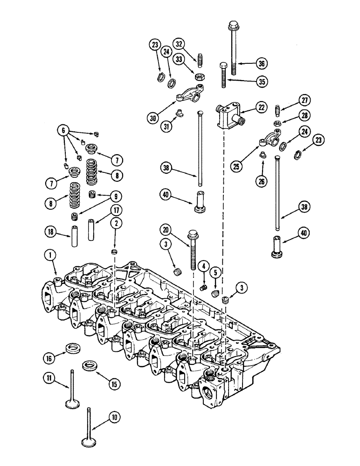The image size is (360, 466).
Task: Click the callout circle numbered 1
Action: tap(50, 255)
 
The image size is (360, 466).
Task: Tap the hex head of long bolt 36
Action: tap(233, 25)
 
